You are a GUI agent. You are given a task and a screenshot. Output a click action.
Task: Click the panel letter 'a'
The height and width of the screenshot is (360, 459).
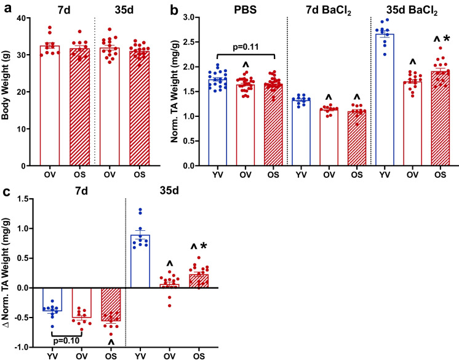[5, 8]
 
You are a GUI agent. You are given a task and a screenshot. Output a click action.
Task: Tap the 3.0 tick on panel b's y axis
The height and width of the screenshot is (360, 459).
[191, 18]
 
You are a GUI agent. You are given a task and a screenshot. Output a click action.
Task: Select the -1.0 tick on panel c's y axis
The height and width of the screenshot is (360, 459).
[25, 348]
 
